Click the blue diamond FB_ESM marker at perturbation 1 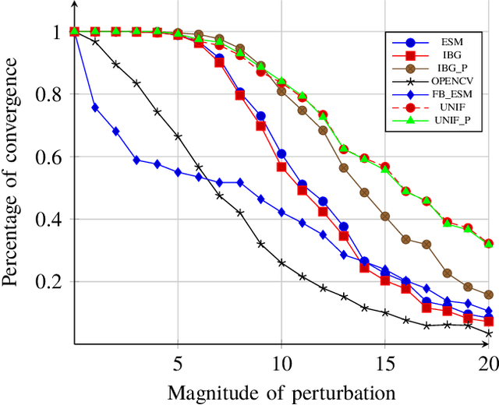click(x=95, y=107)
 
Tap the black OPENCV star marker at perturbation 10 click(x=281, y=262)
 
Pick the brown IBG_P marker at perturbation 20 click(x=489, y=294)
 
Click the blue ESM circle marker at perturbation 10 click(x=281, y=153)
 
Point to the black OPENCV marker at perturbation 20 click(x=489, y=333)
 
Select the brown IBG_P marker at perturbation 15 click(x=385, y=216)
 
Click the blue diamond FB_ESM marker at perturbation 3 click(x=136, y=160)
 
